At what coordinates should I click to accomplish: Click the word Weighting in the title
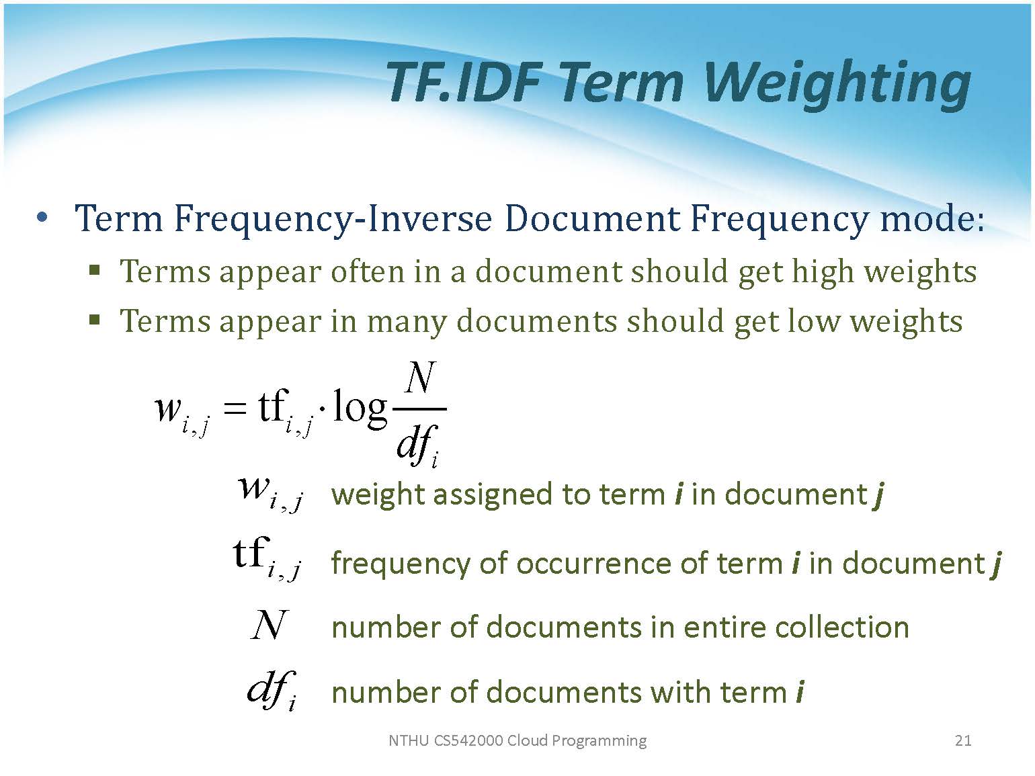(837, 84)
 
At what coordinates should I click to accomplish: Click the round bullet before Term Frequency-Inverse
(42, 217)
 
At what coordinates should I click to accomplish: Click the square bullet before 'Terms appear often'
(95, 271)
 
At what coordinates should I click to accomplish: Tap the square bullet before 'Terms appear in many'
(95, 320)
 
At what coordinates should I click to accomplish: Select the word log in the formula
(360, 408)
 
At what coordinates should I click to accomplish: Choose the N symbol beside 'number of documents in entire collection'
(268, 625)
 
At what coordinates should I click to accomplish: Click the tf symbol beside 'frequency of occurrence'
(267, 559)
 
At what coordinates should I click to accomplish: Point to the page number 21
(962, 740)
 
